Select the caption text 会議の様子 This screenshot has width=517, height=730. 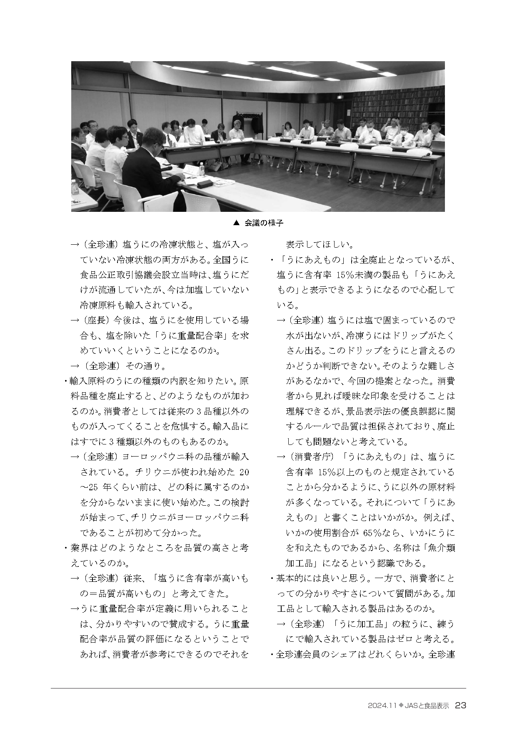click(264, 223)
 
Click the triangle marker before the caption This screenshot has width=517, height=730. click(236, 223)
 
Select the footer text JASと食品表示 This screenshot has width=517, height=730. click(427, 706)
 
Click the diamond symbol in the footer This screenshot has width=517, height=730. click(401, 706)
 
